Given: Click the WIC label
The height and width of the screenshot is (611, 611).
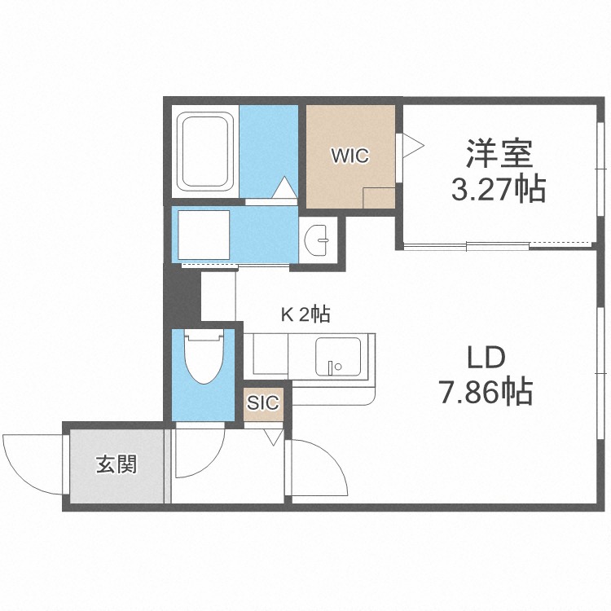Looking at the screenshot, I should (349, 155).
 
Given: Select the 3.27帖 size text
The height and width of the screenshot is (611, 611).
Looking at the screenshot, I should (499, 190).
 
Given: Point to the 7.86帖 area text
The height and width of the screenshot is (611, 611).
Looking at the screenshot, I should (486, 393).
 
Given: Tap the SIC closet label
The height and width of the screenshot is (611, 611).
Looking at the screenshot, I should (263, 402).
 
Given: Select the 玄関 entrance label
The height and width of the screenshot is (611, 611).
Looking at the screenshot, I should (116, 465).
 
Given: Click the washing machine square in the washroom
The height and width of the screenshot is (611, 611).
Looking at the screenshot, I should (203, 235).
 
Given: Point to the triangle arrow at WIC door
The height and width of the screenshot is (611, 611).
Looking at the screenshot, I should (412, 145).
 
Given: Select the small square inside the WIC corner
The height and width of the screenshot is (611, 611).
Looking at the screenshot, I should (378, 199).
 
